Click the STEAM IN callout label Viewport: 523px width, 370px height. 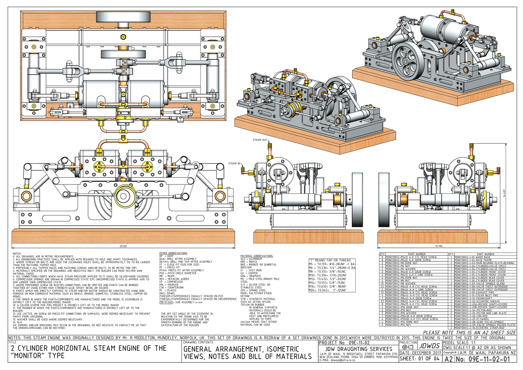click(x=234, y=164)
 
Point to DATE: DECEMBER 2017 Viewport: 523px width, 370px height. click(x=419, y=353)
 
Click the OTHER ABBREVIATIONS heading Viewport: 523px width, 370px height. click(x=173, y=253)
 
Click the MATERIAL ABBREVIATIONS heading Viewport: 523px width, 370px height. click(x=257, y=256)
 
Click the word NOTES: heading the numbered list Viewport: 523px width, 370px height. click(x=17, y=253)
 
